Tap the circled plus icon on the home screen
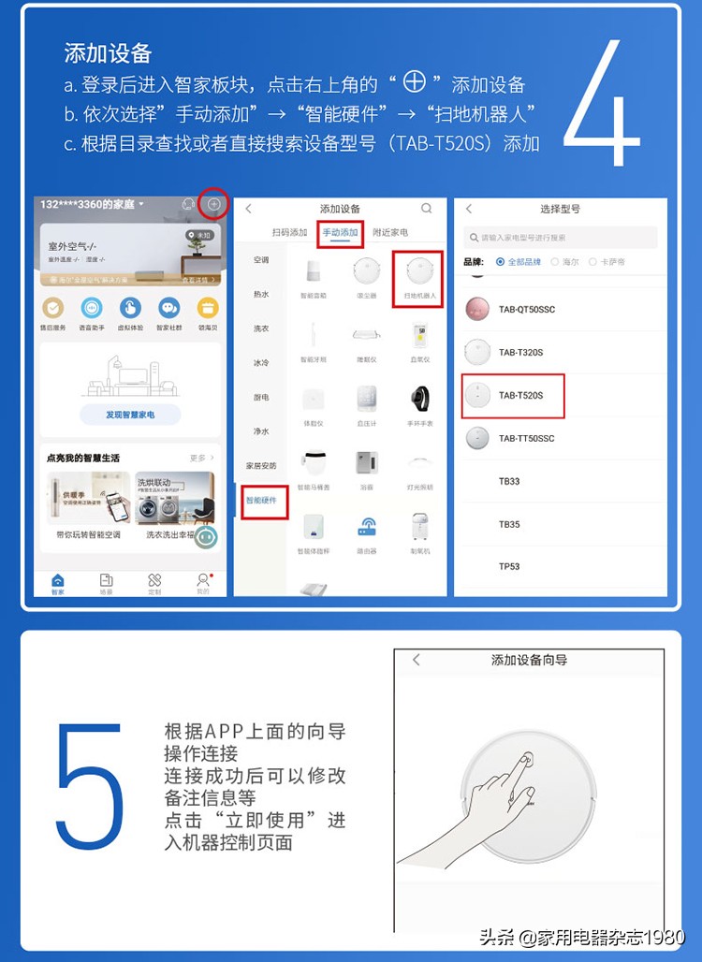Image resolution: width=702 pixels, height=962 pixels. pos(214,204)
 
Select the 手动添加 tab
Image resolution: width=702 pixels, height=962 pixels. pos(340,232)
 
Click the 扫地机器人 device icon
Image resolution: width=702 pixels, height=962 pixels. pos(419,272)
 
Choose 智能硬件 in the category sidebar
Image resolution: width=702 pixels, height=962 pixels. pos(261,501)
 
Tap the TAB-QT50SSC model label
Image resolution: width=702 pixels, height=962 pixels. pos(526,310)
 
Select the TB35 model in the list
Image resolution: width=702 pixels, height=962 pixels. pos(509,524)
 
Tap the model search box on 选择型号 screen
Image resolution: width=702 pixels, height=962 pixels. pos(561,238)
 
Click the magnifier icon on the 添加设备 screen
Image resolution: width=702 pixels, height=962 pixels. pos(427,209)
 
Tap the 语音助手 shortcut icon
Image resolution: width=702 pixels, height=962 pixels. pos(92,308)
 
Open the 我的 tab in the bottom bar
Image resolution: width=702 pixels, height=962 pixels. pos(202,582)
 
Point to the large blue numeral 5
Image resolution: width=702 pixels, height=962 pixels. pos(90,784)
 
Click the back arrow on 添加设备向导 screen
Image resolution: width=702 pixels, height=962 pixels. pos(417,660)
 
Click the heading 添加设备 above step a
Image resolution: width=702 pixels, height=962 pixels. pos(108,52)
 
